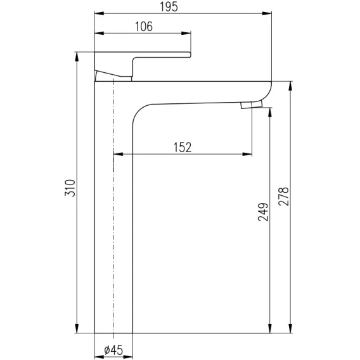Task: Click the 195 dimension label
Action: (169, 6)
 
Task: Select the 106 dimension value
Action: (144, 27)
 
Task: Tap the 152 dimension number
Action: (183, 147)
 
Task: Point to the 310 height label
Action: (70, 188)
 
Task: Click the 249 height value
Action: (263, 212)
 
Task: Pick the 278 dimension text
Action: (283, 196)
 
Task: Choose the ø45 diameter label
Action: (113, 350)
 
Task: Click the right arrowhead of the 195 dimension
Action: (267, 13)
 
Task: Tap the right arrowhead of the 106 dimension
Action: (186, 34)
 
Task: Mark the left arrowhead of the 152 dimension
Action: (119, 154)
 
